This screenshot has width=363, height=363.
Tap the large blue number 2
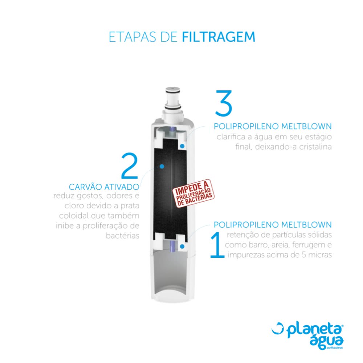pyautogui.click(x=130, y=166)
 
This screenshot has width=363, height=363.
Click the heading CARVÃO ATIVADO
pyautogui.click(x=104, y=187)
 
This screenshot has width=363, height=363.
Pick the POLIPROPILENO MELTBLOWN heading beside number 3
pyautogui.click(x=273, y=126)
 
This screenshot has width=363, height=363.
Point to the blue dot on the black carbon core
pyautogui.click(x=162, y=166)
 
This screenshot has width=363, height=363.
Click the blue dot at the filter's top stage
pyautogui.click(x=183, y=146)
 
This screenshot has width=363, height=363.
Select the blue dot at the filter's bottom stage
pyautogui.click(x=183, y=246)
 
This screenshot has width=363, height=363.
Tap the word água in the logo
pyautogui.click(x=326, y=343)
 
